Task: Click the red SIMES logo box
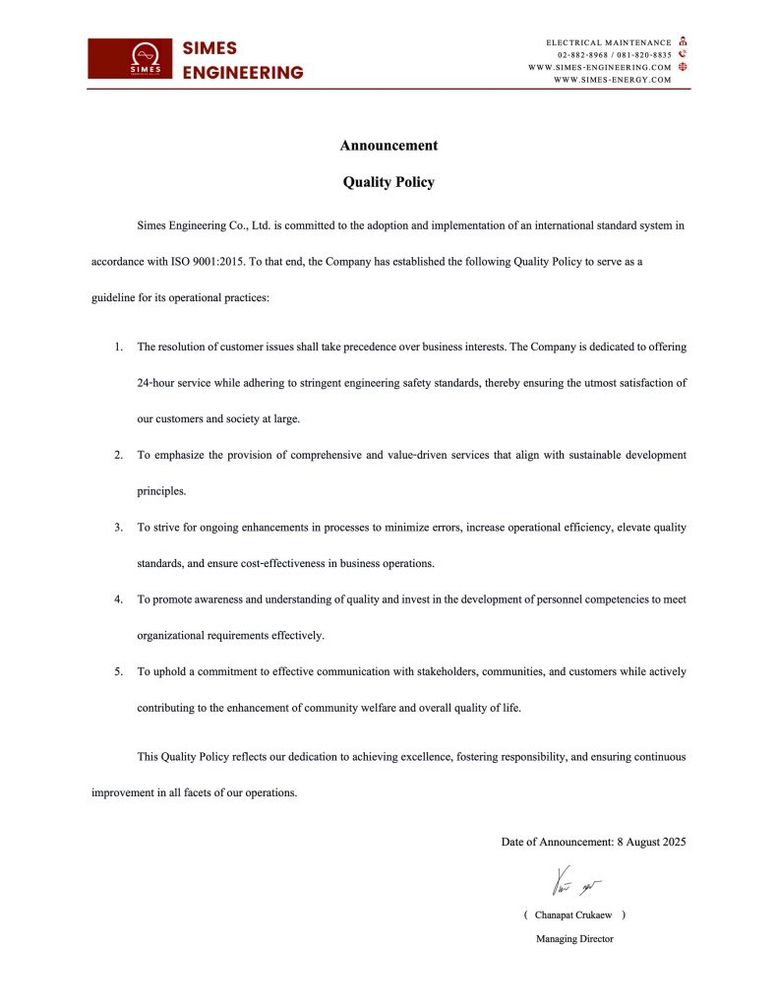pyautogui.click(x=130, y=58)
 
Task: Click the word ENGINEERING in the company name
pyautogui.click(x=243, y=73)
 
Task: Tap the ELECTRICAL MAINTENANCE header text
pyautogui.click(x=609, y=42)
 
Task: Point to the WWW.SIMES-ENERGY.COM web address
pyautogui.click(x=613, y=80)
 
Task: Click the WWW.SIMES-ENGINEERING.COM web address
pyautogui.click(x=600, y=67)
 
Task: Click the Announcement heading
pyautogui.click(x=389, y=146)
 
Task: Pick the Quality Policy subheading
pyautogui.click(x=389, y=182)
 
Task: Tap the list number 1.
pyautogui.click(x=118, y=346)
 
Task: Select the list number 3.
pyautogui.click(x=118, y=528)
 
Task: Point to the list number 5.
pyautogui.click(x=118, y=671)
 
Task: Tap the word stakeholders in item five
pyautogui.click(x=446, y=671)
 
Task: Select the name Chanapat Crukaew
pyautogui.click(x=573, y=914)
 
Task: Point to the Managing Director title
pyautogui.click(x=574, y=939)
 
